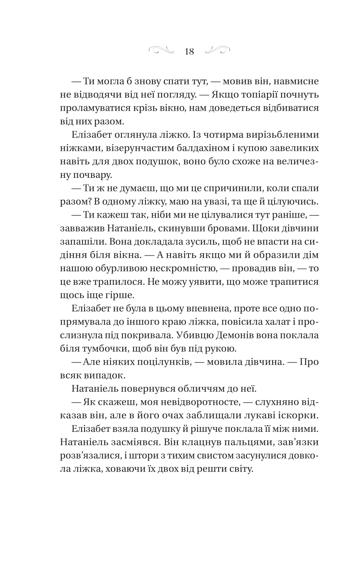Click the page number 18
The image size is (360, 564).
click(x=189, y=52)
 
